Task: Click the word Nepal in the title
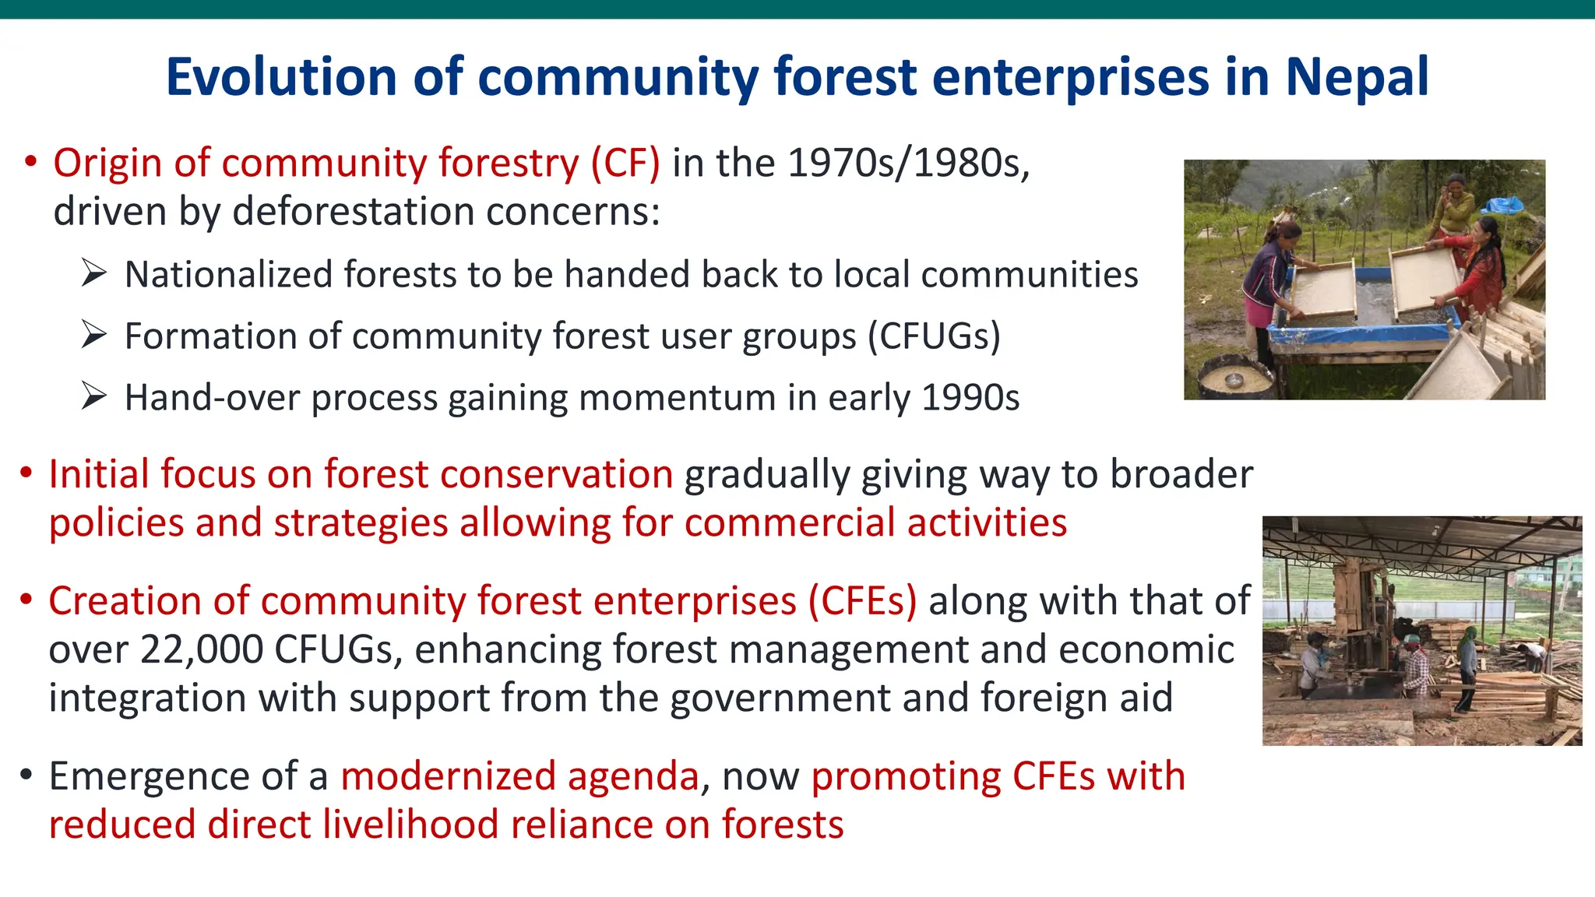tap(1357, 77)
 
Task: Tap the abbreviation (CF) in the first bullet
tap(625, 164)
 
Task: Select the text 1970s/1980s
tap(908, 164)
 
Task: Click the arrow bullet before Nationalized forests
tap(93, 273)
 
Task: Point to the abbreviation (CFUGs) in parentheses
tap(934, 336)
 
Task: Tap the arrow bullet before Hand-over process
tap(93, 396)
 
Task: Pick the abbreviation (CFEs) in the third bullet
tap(862, 601)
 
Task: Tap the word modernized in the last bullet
tap(519, 776)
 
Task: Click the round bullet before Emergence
tap(26, 775)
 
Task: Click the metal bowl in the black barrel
tap(1234, 379)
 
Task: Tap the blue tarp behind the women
tap(1503, 206)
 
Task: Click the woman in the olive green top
tap(1450, 206)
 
